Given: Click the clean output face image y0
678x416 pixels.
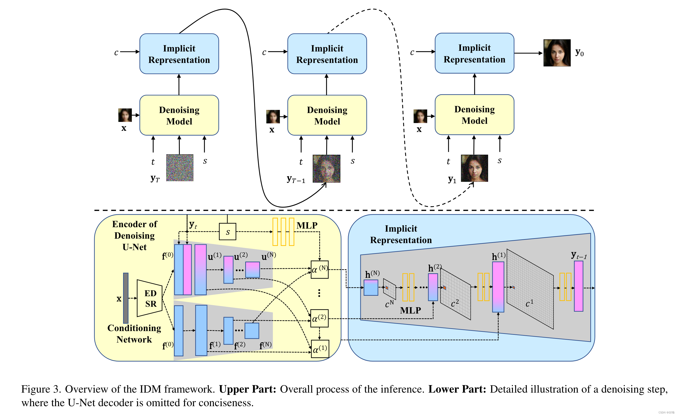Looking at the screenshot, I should (x=557, y=53).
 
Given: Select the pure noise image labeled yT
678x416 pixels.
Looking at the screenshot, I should (x=180, y=168).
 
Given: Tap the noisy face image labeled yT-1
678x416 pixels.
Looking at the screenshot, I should (x=326, y=169).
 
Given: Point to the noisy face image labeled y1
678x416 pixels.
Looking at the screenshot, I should (x=474, y=168).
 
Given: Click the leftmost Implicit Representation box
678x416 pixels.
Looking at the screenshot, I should (x=179, y=54).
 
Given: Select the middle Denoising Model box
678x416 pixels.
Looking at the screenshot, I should (x=327, y=115).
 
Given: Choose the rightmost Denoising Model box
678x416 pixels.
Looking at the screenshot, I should (x=474, y=115).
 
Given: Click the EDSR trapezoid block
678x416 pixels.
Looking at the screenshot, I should (x=150, y=298).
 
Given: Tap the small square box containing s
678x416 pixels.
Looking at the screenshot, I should (x=227, y=232).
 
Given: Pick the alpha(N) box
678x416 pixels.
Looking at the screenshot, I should (x=320, y=270).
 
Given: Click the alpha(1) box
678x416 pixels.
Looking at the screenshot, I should (x=320, y=349).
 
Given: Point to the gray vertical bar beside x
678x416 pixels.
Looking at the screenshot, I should (x=126, y=298).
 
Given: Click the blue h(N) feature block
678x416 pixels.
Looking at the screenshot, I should (x=371, y=288).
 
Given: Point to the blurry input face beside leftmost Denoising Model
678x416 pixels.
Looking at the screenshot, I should (x=125, y=115).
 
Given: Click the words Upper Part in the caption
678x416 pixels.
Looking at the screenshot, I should (x=247, y=389).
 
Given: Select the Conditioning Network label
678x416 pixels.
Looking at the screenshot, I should (x=134, y=334).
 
